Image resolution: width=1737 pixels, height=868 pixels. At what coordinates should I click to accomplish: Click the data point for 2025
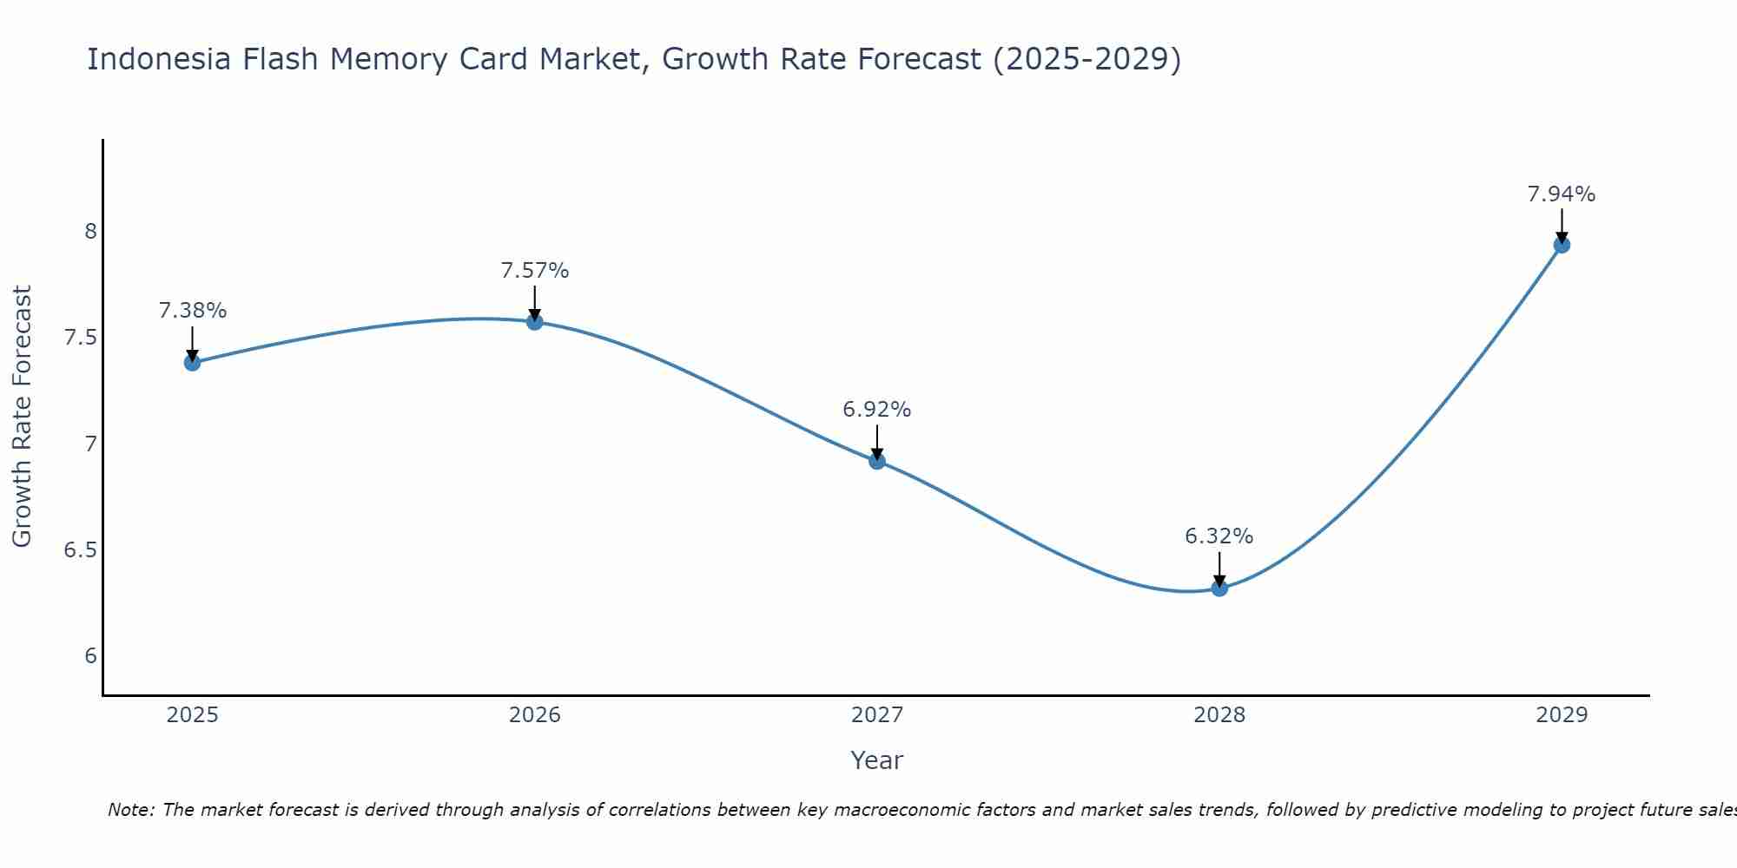pyautogui.click(x=192, y=362)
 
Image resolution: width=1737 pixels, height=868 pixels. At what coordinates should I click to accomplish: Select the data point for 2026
pyautogui.click(x=535, y=322)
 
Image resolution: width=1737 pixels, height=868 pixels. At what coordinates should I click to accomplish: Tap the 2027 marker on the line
pyautogui.click(x=877, y=461)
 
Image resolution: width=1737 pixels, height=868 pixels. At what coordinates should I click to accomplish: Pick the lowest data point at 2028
pyautogui.click(x=1219, y=588)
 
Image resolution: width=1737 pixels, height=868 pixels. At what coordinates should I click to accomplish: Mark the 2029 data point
pyautogui.click(x=1562, y=245)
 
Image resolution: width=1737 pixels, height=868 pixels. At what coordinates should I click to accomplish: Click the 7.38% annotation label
pyautogui.click(x=193, y=311)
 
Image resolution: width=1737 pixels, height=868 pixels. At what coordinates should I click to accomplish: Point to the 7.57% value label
pyautogui.click(x=535, y=271)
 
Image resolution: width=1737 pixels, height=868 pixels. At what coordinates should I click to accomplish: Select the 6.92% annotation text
pyautogui.click(x=877, y=410)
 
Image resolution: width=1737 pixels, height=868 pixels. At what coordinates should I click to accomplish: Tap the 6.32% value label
pyautogui.click(x=1219, y=536)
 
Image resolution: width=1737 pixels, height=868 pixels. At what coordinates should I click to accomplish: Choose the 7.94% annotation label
pyautogui.click(x=1562, y=194)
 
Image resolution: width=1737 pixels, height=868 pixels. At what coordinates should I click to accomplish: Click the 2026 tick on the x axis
pyautogui.click(x=535, y=715)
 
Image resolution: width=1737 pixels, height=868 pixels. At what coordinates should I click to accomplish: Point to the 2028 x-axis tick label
pyautogui.click(x=1219, y=715)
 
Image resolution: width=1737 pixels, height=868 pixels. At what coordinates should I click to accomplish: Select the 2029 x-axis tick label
pyautogui.click(x=1562, y=715)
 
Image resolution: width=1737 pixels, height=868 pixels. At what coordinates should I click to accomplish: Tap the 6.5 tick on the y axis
pyautogui.click(x=80, y=550)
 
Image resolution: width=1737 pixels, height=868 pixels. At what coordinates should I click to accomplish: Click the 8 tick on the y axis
pyautogui.click(x=90, y=232)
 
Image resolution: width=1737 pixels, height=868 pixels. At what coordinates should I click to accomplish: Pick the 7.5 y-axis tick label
pyautogui.click(x=80, y=338)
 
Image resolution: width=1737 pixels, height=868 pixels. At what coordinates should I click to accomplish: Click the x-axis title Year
pyautogui.click(x=877, y=760)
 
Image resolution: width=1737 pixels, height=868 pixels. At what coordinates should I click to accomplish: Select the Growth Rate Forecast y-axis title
pyautogui.click(x=22, y=417)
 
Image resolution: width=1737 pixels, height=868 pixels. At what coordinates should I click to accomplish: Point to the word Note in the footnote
pyautogui.click(x=130, y=810)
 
